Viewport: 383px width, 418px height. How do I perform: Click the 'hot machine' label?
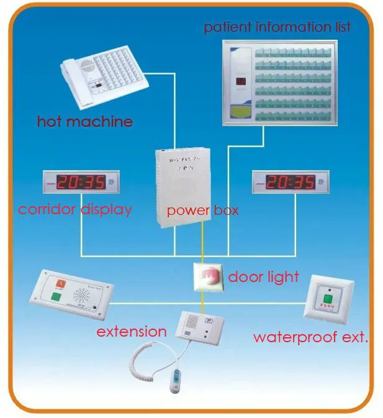pos(85,120)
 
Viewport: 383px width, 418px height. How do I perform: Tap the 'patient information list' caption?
pos(277,27)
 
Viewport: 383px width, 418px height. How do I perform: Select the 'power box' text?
pos(202,211)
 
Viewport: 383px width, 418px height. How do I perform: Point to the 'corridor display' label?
pos(75,209)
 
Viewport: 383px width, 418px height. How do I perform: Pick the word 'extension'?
pos(131,332)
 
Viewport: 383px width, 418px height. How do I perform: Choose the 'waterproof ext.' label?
pos(310,338)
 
